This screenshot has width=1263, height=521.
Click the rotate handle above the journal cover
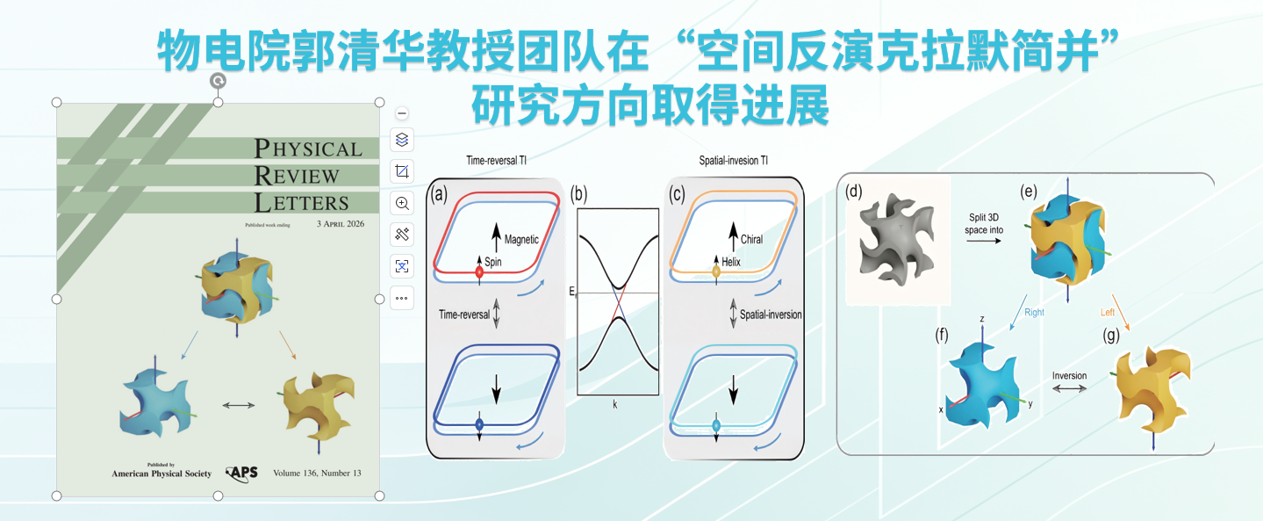coord(219,81)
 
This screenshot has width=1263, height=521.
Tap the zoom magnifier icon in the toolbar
coord(402,203)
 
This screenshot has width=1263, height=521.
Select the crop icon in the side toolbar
coord(402,171)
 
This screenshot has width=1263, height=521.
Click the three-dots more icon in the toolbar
coord(402,298)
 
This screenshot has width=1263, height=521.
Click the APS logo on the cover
coord(242,473)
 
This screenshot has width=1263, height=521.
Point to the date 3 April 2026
coord(340,224)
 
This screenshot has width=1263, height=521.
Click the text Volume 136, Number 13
coord(317,473)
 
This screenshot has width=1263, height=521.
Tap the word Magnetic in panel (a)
coord(521,240)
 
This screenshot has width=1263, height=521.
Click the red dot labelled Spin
coord(479,273)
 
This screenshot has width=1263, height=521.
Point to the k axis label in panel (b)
coord(615,405)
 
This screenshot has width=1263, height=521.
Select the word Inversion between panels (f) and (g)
coord(1069,376)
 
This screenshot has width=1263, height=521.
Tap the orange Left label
coord(1108,311)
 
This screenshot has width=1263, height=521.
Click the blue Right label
coord(1034,312)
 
